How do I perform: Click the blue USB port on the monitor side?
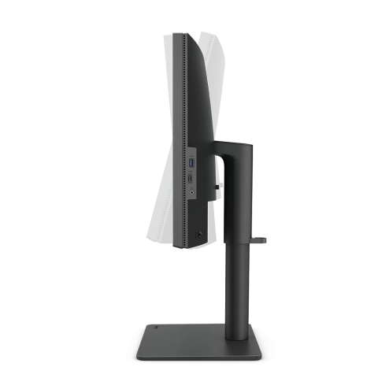[x=192, y=163]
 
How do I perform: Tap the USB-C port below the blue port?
[x=192, y=179]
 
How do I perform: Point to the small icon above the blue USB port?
[x=192, y=153]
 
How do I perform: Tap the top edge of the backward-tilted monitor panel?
[x=207, y=33]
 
